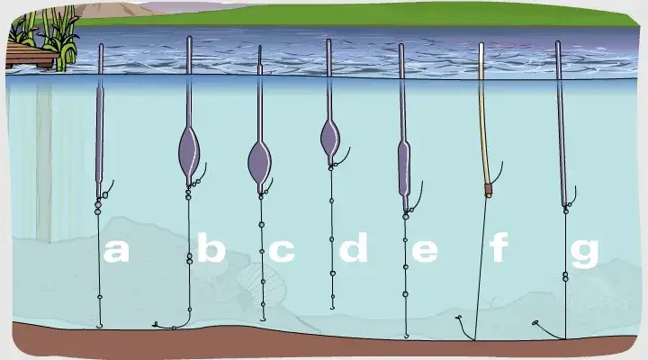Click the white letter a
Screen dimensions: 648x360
point(116,251)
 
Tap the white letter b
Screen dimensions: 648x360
point(211,247)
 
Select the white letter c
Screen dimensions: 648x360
point(282,251)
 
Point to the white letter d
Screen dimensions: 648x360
point(354,247)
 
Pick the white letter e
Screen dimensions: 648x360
point(425,251)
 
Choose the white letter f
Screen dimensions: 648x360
point(499,247)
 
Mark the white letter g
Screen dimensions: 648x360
point(584,254)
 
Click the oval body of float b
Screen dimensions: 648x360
point(189,153)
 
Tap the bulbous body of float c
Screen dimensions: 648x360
point(259,162)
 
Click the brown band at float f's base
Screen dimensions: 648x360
point(489,191)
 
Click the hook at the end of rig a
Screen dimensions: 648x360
point(99,325)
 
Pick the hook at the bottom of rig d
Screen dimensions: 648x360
point(332,307)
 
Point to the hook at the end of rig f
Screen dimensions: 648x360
point(460,319)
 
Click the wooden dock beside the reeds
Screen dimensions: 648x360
point(31,57)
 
